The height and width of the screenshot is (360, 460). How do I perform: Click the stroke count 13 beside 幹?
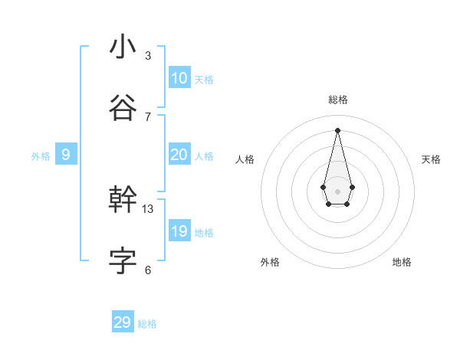pyautogui.click(x=148, y=208)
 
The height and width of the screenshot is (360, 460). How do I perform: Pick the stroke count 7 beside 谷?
pyautogui.click(x=148, y=116)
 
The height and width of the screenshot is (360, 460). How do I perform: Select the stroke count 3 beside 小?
pyautogui.click(x=148, y=56)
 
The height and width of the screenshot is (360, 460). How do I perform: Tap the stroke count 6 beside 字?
pyautogui.click(x=148, y=270)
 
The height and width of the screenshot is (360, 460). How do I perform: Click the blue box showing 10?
pyautogui.click(x=179, y=77)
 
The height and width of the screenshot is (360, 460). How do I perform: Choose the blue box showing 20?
pyautogui.click(x=179, y=155)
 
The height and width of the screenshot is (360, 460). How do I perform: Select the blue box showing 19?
pyautogui.click(x=179, y=231)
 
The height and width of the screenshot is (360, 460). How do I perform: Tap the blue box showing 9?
pyautogui.click(x=66, y=155)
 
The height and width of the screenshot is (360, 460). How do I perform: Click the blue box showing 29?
pyautogui.click(x=123, y=322)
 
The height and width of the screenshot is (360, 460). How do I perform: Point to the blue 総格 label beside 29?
pyautogui.click(x=147, y=324)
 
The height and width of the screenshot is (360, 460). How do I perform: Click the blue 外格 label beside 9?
pyautogui.click(x=41, y=156)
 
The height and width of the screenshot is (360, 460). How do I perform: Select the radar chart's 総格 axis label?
pyautogui.click(x=338, y=100)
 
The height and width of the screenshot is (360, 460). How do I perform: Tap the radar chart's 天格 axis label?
pyautogui.click(x=431, y=159)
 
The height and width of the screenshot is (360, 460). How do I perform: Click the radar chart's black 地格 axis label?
pyautogui.click(x=402, y=262)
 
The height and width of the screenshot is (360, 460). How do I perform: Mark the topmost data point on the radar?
pyautogui.click(x=337, y=130)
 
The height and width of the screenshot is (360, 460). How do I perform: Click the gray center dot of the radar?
pyautogui.click(x=337, y=191)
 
